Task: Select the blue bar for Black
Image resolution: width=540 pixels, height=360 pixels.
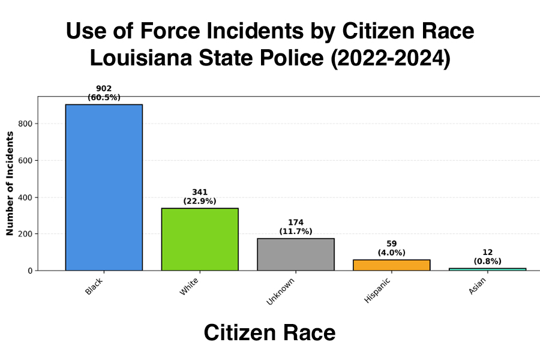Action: click(x=104, y=187)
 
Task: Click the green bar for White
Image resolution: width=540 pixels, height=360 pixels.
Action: click(x=200, y=239)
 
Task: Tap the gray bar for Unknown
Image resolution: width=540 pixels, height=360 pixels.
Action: click(x=296, y=254)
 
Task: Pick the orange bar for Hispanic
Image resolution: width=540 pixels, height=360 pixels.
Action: click(x=392, y=265)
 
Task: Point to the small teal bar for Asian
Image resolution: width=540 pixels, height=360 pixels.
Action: click(x=488, y=269)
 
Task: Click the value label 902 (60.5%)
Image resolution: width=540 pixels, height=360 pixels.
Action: click(x=104, y=92)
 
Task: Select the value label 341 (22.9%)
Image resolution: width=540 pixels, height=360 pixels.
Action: click(x=200, y=196)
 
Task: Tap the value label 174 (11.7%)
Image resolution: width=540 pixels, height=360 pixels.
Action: click(x=296, y=227)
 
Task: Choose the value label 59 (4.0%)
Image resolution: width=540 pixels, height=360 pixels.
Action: click(x=392, y=248)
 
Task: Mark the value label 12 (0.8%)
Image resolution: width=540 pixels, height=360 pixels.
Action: click(x=488, y=257)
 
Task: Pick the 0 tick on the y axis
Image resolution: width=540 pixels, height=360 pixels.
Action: click(x=32, y=271)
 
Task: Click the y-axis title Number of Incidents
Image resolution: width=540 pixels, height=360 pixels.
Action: click(x=10, y=184)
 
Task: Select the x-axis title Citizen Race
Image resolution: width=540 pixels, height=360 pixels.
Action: click(x=269, y=332)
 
